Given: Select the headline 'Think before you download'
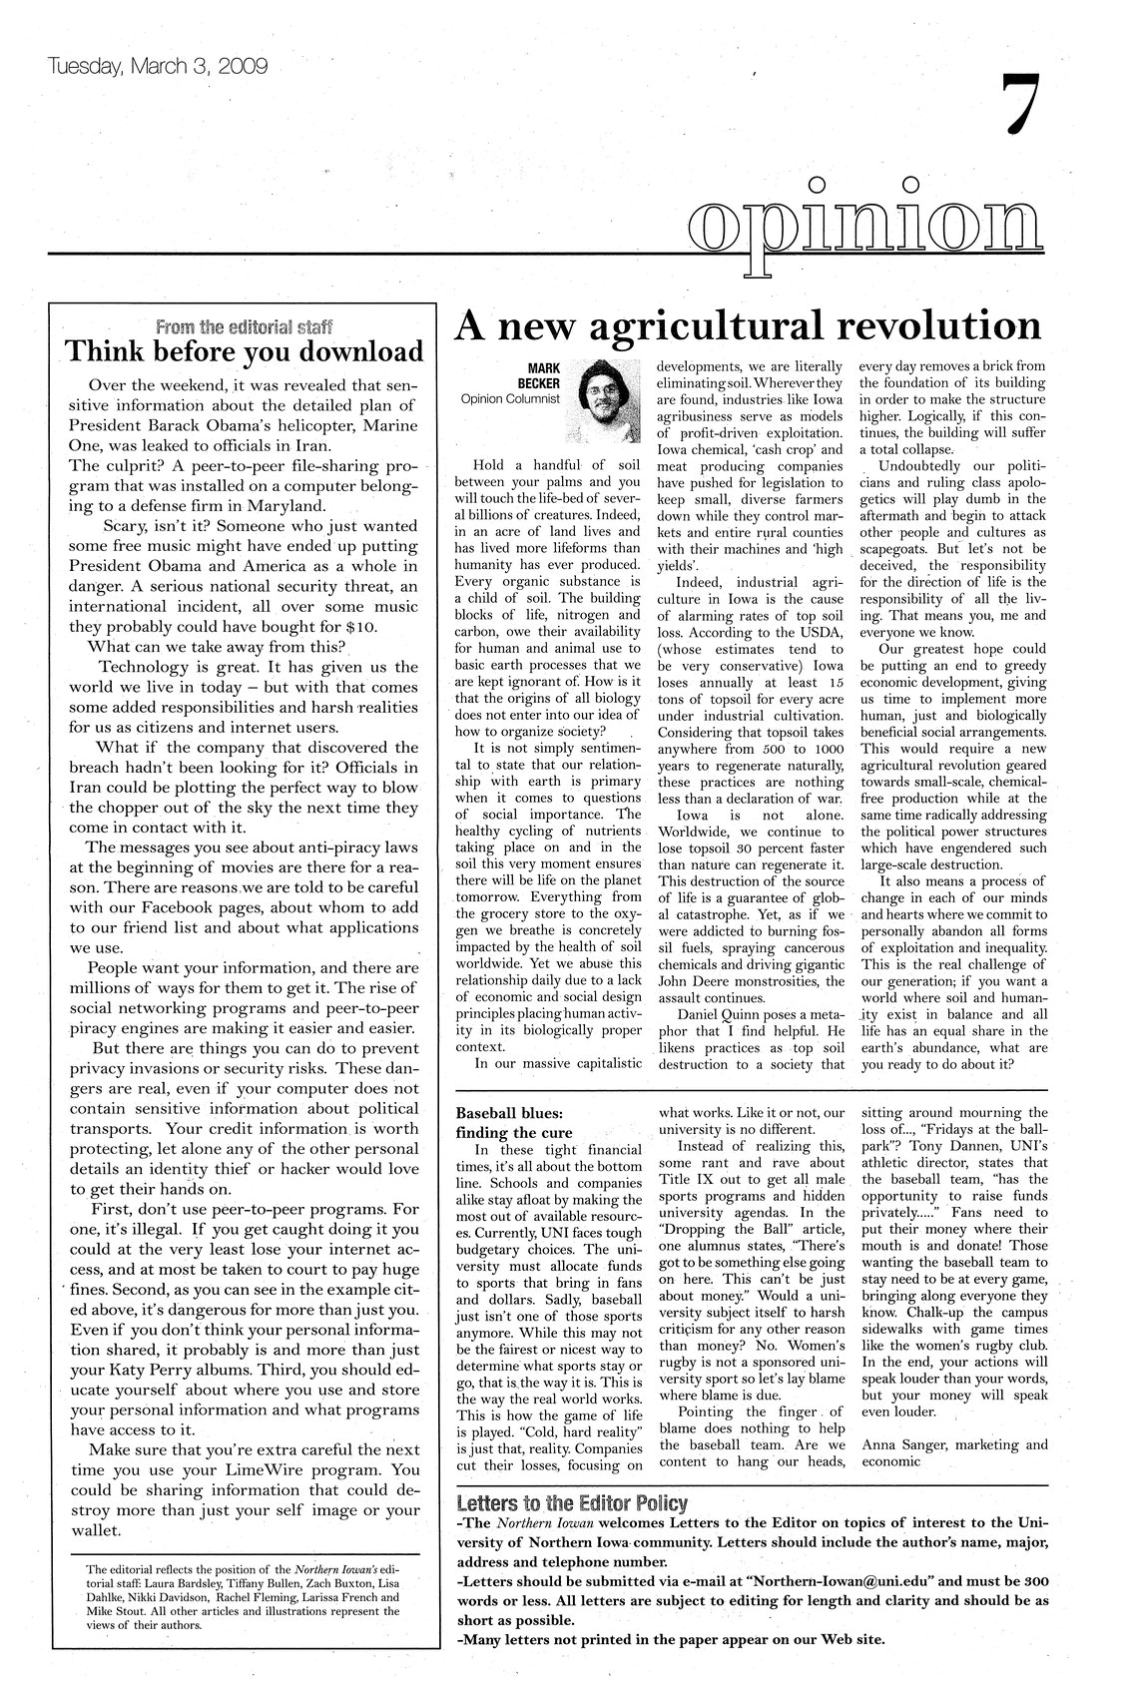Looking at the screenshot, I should (x=245, y=352).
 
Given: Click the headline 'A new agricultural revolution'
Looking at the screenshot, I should (x=748, y=325).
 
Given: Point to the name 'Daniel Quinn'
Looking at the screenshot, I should (x=721, y=1013).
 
